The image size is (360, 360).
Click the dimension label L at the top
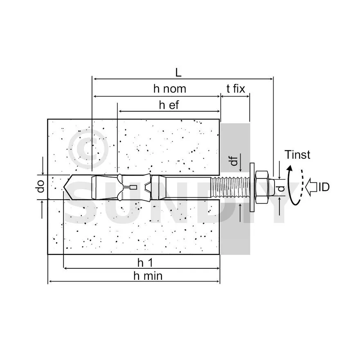[x=178, y=73]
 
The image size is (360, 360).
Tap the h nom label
[x=170, y=89]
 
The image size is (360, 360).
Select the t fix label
[x=236, y=89]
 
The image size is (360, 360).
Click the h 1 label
[x=145, y=263]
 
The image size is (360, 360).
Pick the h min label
[x=148, y=276]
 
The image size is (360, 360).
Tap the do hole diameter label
[x=40, y=186]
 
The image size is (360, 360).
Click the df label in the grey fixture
[x=234, y=161]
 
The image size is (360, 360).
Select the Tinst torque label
[x=297, y=155]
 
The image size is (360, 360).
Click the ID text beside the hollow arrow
[x=324, y=187]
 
